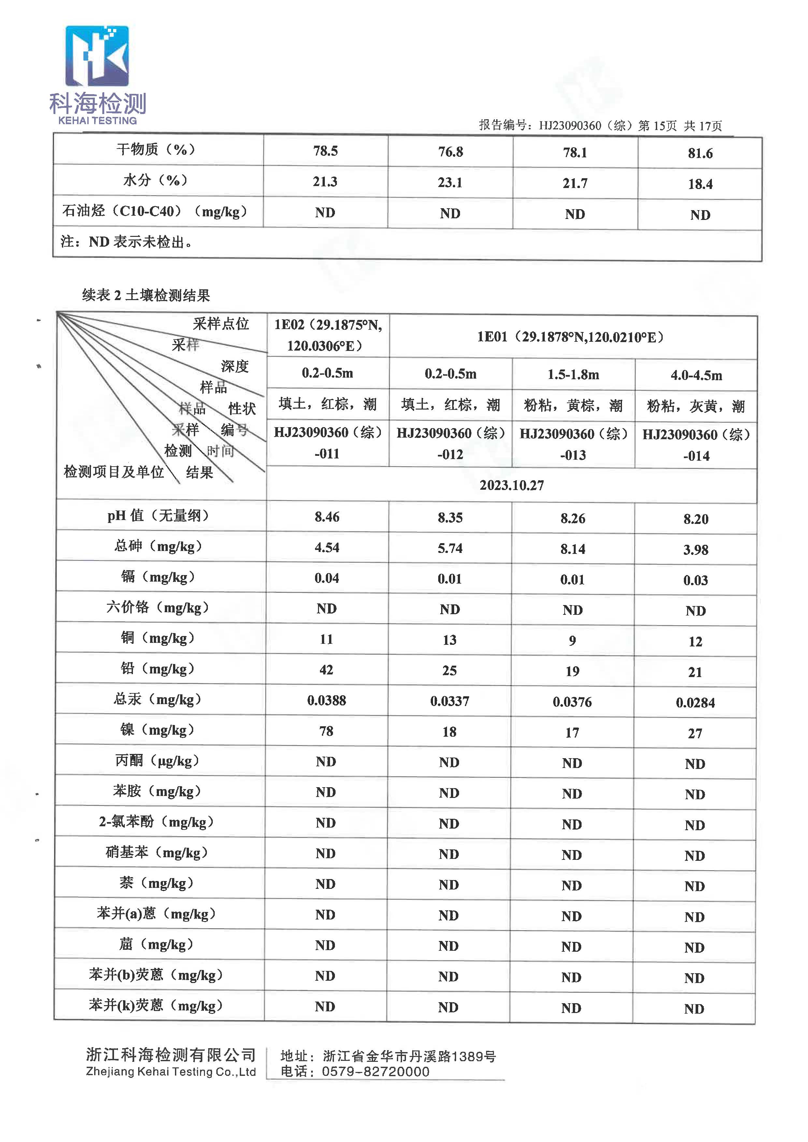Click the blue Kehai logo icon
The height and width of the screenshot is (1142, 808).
[x=97, y=56]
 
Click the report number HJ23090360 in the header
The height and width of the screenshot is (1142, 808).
[x=570, y=125]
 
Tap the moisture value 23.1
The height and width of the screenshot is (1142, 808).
[x=450, y=182]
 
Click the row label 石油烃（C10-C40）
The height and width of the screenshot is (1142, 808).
[x=154, y=211]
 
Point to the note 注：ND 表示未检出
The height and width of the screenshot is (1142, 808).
[x=126, y=242]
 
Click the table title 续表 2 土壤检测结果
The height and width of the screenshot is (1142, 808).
[x=146, y=296]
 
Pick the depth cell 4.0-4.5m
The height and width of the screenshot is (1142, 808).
[x=696, y=376]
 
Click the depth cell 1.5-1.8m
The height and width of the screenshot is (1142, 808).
[x=573, y=375]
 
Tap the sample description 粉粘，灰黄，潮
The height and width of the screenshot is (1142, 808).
[x=696, y=407]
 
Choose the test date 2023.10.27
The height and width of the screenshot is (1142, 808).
[x=512, y=485]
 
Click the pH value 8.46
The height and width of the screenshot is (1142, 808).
[x=327, y=517]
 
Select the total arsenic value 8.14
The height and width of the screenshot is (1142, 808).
[x=573, y=549]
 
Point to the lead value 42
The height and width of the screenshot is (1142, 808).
[x=326, y=670]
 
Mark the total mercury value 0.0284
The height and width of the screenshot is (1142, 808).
[x=695, y=702]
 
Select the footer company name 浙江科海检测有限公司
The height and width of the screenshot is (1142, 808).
[x=171, y=1054]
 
